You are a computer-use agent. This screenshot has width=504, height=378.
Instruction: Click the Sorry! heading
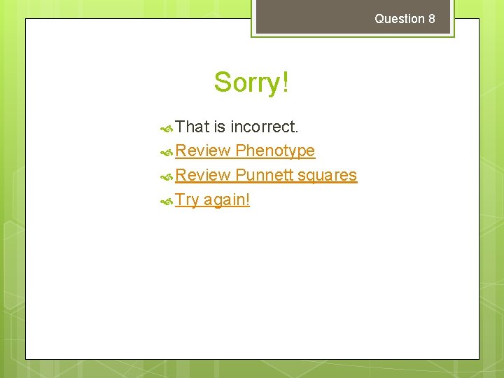coord(251,83)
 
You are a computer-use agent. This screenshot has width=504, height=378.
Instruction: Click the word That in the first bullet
coord(192,127)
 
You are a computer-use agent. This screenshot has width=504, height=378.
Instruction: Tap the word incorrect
coord(265,127)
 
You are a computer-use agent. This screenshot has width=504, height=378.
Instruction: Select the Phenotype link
coord(275,150)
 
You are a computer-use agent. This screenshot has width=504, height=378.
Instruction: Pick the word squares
coord(327,175)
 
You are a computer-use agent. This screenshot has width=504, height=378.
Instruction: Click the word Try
coord(187,199)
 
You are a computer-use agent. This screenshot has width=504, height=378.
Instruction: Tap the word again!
coord(227,200)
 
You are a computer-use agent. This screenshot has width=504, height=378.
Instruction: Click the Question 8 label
coord(405,19)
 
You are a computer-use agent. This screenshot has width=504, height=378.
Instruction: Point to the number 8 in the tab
coord(431,19)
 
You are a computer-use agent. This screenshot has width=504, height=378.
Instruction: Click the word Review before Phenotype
coord(203,150)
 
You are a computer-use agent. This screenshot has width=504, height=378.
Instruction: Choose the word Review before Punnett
coord(203,175)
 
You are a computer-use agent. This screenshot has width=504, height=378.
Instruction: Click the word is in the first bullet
coord(220,127)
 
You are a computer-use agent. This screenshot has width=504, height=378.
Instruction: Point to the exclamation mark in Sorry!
coord(284,83)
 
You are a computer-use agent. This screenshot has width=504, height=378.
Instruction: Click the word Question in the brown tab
coord(400,19)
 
